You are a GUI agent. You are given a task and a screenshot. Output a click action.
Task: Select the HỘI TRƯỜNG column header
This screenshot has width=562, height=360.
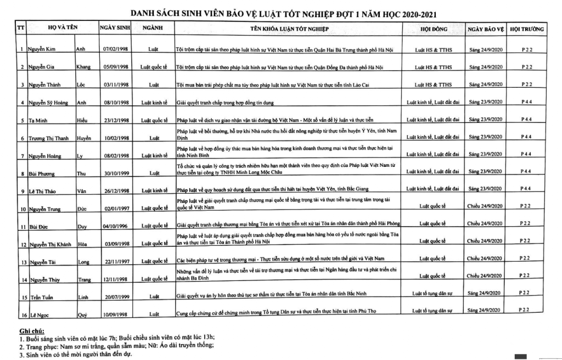pyautogui.click(x=526, y=27)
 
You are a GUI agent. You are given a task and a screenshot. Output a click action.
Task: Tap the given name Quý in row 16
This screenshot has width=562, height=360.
pyautogui.click(x=82, y=315)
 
